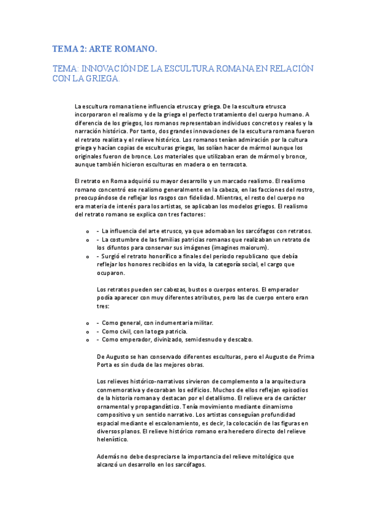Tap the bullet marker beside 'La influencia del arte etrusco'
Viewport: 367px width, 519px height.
pos(88,231)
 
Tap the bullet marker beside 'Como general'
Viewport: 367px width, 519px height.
pos(88,323)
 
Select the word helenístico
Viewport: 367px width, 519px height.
pos(112,440)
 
